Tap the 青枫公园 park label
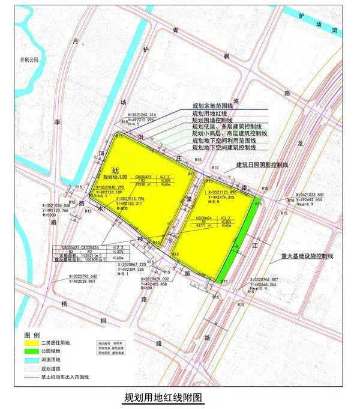tap(28, 59)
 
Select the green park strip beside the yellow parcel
tap(240, 240)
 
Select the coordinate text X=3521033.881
tap(311, 195)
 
